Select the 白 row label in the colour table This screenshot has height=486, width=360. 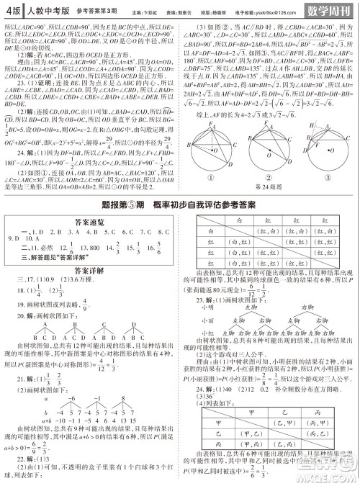[x=211, y=233]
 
